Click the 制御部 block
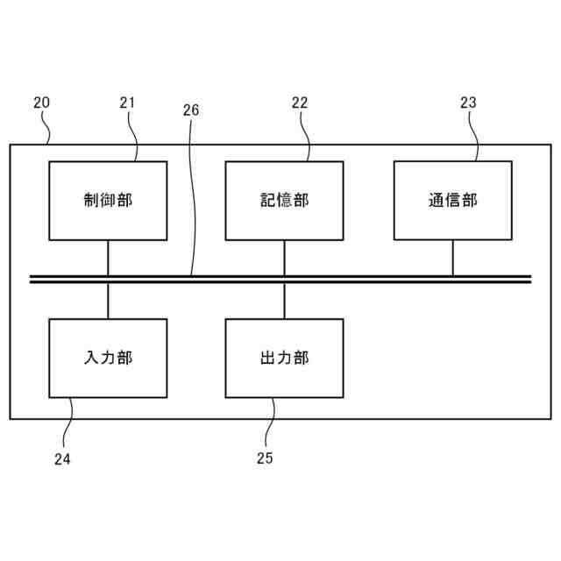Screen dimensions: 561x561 [108, 200]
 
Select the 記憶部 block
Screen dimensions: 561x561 [284, 200]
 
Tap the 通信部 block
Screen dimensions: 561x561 [452, 200]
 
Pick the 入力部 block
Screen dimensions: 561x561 [108, 358]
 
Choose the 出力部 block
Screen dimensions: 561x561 [284, 358]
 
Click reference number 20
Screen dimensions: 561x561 [41, 103]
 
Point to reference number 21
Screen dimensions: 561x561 [127, 103]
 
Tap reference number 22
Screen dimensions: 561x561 [300, 103]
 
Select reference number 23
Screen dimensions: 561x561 [468, 103]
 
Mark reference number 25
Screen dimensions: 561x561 [265, 458]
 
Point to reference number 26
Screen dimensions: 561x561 [191, 110]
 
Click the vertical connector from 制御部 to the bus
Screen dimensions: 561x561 [108, 258]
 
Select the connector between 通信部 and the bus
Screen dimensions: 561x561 [452, 258]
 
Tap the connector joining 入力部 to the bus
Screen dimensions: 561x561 [108, 301]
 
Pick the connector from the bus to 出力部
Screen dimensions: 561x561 [284, 301]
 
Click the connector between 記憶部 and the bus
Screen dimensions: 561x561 [284, 258]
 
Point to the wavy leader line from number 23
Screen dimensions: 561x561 [473, 136]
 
